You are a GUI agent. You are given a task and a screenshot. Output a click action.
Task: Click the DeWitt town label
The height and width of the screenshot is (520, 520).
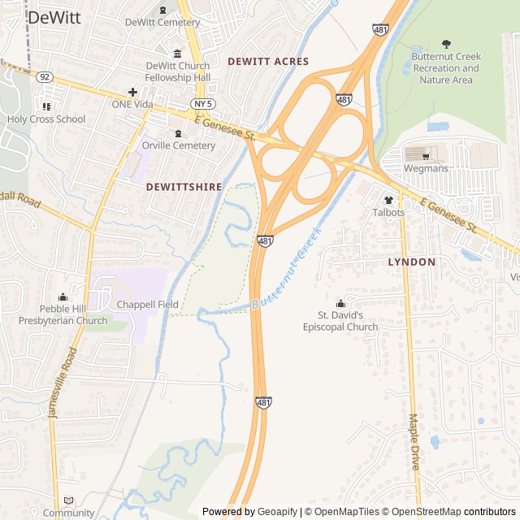pos(54,18)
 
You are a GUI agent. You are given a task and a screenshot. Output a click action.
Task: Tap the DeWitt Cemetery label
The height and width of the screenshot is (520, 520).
pos(162,22)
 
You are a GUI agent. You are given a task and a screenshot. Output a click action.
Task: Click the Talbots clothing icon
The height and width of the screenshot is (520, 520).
pos(388,199)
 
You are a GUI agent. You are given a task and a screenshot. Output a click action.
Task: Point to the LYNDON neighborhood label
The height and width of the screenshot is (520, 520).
pos(411,262)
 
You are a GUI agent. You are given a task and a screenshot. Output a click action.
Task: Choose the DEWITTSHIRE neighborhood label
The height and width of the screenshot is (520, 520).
pos(184,186)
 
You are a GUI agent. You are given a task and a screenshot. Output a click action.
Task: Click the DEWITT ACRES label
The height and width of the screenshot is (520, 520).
pos(268,61)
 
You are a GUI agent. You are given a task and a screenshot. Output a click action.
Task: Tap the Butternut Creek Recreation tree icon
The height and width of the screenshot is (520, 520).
pos(446,44)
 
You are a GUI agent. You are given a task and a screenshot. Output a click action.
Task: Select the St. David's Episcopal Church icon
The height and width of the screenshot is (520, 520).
pos(340,303)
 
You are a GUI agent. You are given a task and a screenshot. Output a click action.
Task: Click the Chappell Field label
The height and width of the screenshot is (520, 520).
pos(147,304)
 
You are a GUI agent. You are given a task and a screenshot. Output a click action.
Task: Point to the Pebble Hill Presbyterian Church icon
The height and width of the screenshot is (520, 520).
pos(63,297)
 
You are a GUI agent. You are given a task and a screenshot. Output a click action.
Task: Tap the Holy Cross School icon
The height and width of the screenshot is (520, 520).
pos(46,106)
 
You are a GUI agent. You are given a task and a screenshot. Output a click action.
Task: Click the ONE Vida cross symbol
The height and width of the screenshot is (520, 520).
pos(132,92)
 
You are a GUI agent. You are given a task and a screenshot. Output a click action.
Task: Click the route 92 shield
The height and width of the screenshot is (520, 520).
pos(44,77)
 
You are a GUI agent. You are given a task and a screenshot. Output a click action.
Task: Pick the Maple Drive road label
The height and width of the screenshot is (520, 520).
pos(414,443)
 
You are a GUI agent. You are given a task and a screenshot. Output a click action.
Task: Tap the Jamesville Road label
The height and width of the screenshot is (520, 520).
pos(63,382)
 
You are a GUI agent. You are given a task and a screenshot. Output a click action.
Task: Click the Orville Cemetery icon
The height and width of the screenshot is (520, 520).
pos(178,132)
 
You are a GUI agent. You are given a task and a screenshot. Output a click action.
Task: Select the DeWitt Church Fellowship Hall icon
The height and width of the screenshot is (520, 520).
pos(178,53)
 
